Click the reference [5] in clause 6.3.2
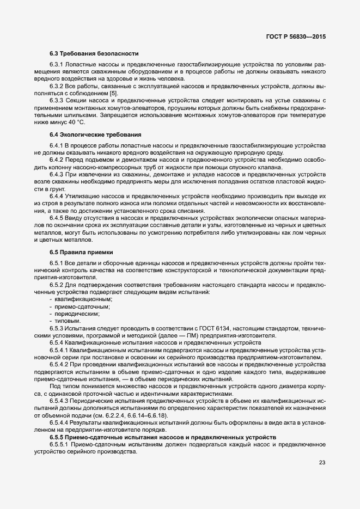[113, 93]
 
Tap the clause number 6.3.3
[57, 100]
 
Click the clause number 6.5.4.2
[60, 365]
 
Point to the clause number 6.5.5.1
[60, 445]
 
